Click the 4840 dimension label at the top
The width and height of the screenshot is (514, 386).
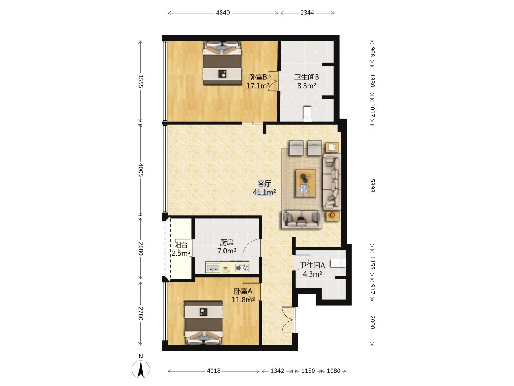coord(223,13)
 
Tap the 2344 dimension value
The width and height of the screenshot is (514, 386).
coord(307,13)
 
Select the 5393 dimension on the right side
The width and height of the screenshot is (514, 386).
coord(372,185)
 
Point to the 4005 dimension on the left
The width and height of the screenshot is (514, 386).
coord(141,170)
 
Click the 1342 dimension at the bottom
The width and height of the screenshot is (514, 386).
coord(277,371)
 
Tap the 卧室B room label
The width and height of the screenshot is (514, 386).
coord(258,77)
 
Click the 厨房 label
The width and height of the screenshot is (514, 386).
coord(227,242)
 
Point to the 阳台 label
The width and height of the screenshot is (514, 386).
coord(181,245)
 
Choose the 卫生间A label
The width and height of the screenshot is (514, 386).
coord(312,265)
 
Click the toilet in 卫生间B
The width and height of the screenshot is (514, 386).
coord(307,114)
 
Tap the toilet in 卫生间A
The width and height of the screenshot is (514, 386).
coord(338,263)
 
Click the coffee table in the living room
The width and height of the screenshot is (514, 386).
coord(306,183)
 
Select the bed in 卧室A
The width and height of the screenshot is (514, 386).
coord(203,323)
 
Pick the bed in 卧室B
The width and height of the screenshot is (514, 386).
coord(222,63)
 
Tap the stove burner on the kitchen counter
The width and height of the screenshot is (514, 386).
coord(242,268)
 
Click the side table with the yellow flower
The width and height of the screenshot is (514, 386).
coord(333,216)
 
